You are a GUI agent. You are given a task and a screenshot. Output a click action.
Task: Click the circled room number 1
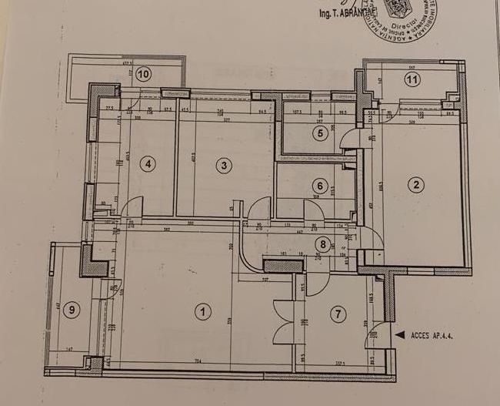pos(202,312)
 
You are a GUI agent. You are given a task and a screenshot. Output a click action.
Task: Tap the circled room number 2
pos(416,184)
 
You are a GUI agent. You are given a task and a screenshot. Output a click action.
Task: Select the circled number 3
pos(223,165)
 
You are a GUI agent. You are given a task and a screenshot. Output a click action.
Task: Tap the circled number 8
pos(323,245)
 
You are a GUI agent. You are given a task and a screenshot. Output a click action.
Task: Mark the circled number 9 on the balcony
pos(72,310)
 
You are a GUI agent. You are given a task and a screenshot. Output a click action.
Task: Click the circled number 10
pos(144,74)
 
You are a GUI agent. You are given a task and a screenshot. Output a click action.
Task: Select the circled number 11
pos(412,79)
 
